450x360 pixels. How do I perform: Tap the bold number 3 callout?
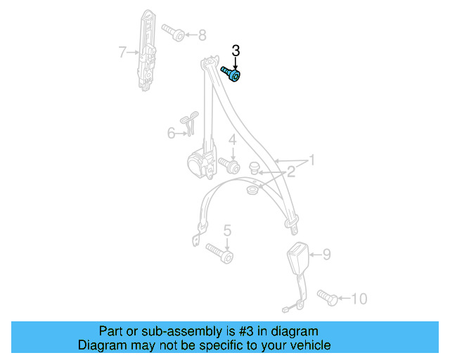point(236,51)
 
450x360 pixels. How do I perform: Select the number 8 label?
point(202,34)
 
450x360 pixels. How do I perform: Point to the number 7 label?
point(122,51)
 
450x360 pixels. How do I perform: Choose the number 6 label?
point(171,133)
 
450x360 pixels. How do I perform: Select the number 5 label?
point(227,230)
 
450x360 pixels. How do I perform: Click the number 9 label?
point(326,255)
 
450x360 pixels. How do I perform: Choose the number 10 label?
point(358,299)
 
